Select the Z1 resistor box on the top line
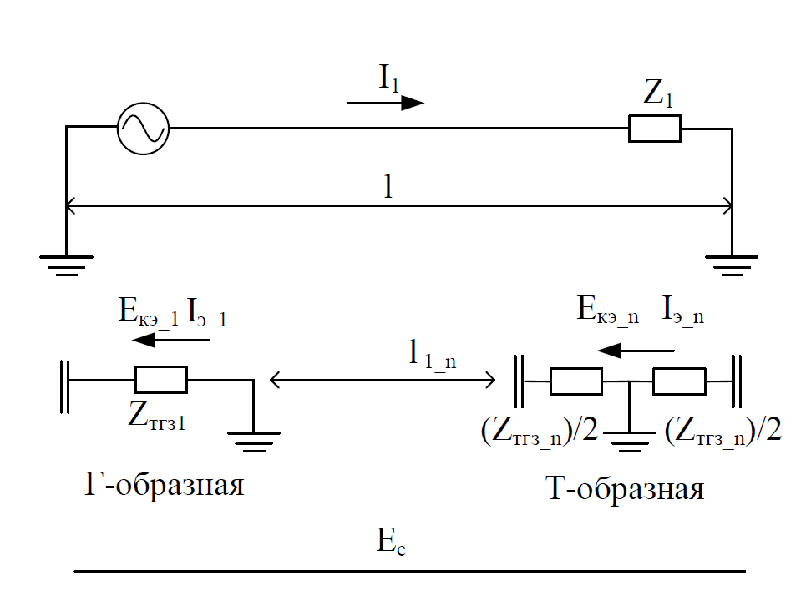[655, 129]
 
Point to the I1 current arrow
[385, 103]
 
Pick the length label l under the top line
[388, 186]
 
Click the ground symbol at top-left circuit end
[66, 264]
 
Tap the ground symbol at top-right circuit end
[732, 264]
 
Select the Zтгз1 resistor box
[160, 380]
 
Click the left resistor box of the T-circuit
[575, 381]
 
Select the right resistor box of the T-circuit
[679, 381]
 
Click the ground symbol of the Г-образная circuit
[253, 439]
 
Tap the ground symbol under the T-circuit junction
[628, 440]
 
